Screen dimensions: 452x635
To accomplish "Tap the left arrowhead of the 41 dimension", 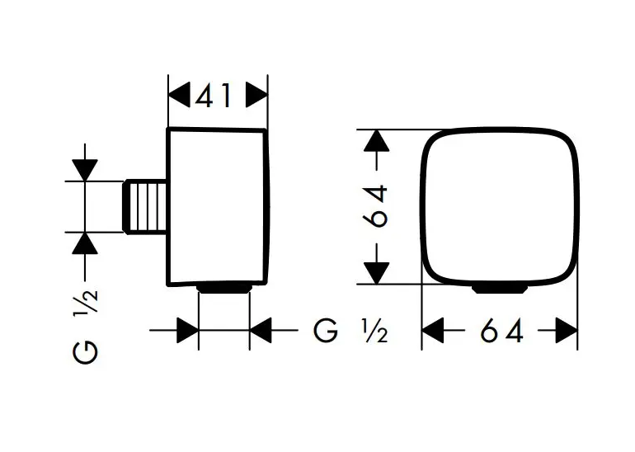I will [178, 96].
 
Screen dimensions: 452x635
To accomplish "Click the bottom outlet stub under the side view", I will [224, 288].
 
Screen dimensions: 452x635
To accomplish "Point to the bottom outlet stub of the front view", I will [500, 288].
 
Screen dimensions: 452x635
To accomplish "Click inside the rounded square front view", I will [500, 206].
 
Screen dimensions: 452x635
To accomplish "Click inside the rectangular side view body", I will [219, 206].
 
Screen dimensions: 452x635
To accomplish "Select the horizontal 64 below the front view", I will [500, 331].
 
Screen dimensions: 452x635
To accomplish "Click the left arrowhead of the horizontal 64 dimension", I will [434, 331].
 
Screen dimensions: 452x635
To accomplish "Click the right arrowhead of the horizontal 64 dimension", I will [566, 331].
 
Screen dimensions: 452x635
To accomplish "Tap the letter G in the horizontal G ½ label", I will [326, 331].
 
